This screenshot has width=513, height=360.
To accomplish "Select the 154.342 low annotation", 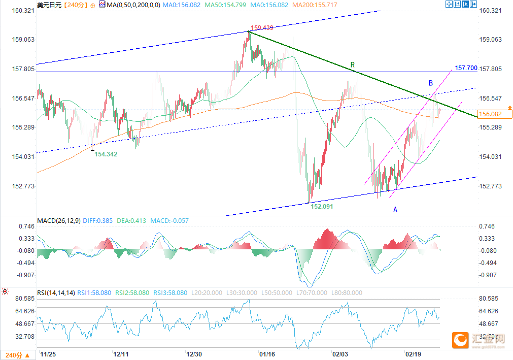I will (x=106, y=154).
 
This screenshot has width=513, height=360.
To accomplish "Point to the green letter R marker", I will (x=353, y=65).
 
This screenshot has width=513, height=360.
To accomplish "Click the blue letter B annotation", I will (x=430, y=83).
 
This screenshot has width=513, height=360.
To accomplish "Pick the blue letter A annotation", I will (x=395, y=209).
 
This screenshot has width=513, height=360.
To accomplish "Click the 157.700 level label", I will (x=466, y=68).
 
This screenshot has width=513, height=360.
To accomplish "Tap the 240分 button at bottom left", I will (x=17, y=354).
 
